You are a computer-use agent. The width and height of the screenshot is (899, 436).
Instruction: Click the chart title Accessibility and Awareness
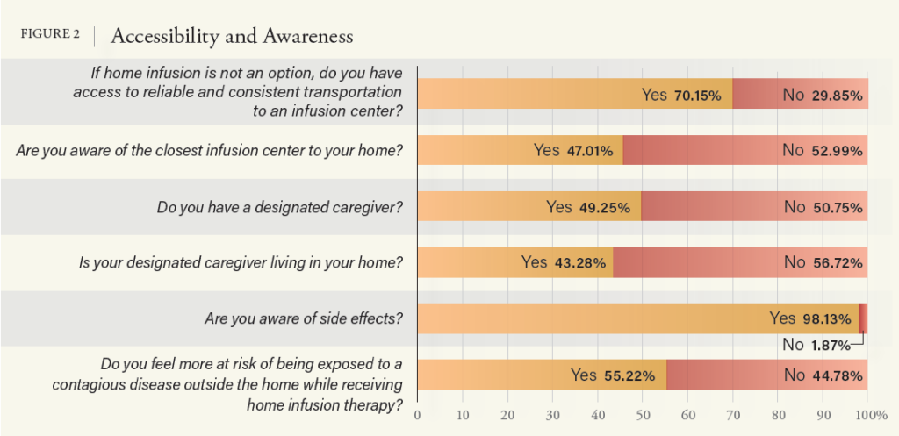coord(232,36)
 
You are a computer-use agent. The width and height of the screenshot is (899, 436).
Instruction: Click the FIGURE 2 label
coord(51,35)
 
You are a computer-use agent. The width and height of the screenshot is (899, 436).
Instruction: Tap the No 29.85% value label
coord(822,94)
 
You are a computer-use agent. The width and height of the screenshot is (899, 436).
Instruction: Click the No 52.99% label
coord(822,150)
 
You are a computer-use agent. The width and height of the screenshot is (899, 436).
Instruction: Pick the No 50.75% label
coord(823,207)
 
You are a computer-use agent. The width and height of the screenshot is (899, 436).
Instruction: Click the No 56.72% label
coord(823,262)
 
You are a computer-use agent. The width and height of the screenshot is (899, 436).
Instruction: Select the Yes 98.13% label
coord(809,318)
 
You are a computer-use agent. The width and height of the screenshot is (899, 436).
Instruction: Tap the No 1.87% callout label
coord(816,345)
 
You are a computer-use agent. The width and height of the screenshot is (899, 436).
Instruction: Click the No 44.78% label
coord(823,375)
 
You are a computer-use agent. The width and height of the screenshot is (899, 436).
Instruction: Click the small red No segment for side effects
coord(863,318)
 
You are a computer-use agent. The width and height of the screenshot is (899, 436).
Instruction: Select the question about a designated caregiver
coord(279,207)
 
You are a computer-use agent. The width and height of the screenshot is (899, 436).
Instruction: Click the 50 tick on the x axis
coord(643,413)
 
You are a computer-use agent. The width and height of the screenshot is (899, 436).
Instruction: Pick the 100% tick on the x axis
coord(867,413)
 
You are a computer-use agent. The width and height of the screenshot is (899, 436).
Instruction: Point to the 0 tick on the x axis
coord(417,413)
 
